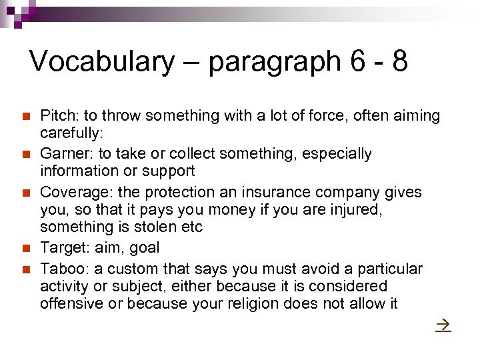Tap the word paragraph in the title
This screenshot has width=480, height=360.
click(x=273, y=61)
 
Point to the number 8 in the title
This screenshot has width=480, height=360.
click(x=399, y=61)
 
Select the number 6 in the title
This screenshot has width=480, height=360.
click(x=357, y=61)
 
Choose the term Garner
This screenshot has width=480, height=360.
click(x=62, y=154)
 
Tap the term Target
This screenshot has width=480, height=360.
click(x=62, y=248)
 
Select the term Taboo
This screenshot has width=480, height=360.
click(x=61, y=269)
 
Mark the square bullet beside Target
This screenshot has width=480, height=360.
click(x=26, y=249)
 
